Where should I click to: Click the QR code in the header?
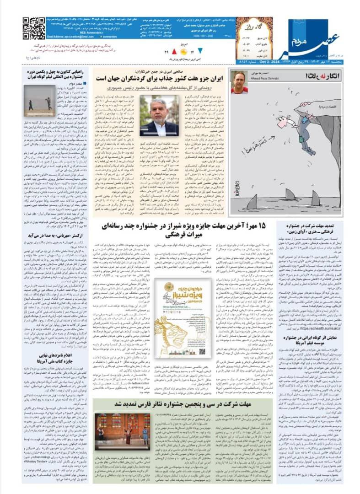34,28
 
